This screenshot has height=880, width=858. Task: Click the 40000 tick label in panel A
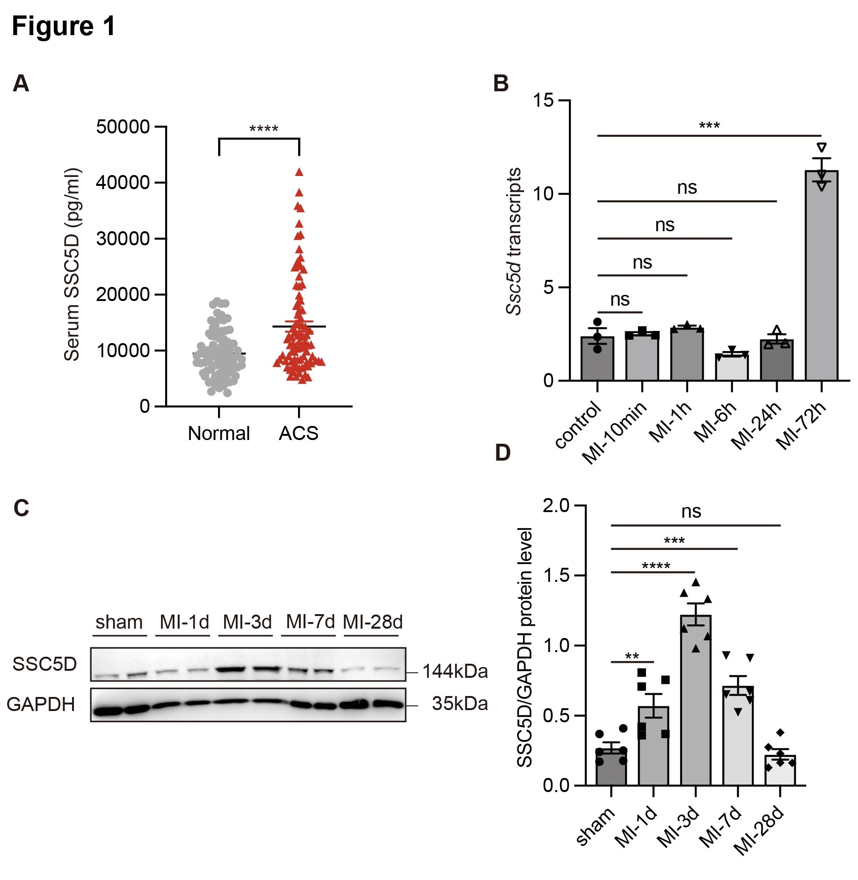tap(123, 183)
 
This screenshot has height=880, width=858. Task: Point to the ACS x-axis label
tap(298, 433)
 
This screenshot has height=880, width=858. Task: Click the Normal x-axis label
tap(219, 433)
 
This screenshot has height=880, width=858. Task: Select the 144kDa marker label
tap(455, 671)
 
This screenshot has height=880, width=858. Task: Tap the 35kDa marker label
tap(459, 704)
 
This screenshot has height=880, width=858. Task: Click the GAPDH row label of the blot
tap(41, 704)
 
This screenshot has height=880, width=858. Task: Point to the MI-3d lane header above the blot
tap(247, 622)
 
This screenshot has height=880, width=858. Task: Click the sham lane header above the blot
tap(119, 622)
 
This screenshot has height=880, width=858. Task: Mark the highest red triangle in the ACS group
tap(299, 172)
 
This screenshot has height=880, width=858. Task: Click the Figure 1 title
tap(64, 26)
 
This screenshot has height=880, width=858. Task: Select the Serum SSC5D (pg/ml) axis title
tap(72, 264)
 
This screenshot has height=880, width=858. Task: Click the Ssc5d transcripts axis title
tap(514, 241)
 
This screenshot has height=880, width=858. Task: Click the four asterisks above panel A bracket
tap(264, 129)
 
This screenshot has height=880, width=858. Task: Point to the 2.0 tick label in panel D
tap(556, 506)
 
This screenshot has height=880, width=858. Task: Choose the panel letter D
tap(503, 453)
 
